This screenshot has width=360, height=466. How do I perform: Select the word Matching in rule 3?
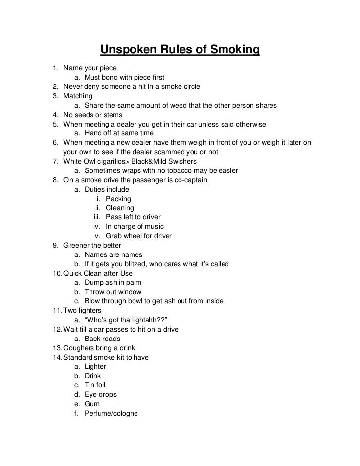pos(77,96)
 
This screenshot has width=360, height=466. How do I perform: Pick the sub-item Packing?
pos(118,199)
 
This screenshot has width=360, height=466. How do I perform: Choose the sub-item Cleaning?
pos(120,208)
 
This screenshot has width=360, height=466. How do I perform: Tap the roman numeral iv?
pos(97,227)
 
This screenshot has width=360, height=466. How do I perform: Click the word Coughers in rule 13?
pos(78,348)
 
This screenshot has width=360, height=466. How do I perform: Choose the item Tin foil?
pos(95,385)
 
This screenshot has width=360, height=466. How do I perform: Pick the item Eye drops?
pos(100,394)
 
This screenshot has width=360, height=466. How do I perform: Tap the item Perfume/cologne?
pos(111,413)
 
